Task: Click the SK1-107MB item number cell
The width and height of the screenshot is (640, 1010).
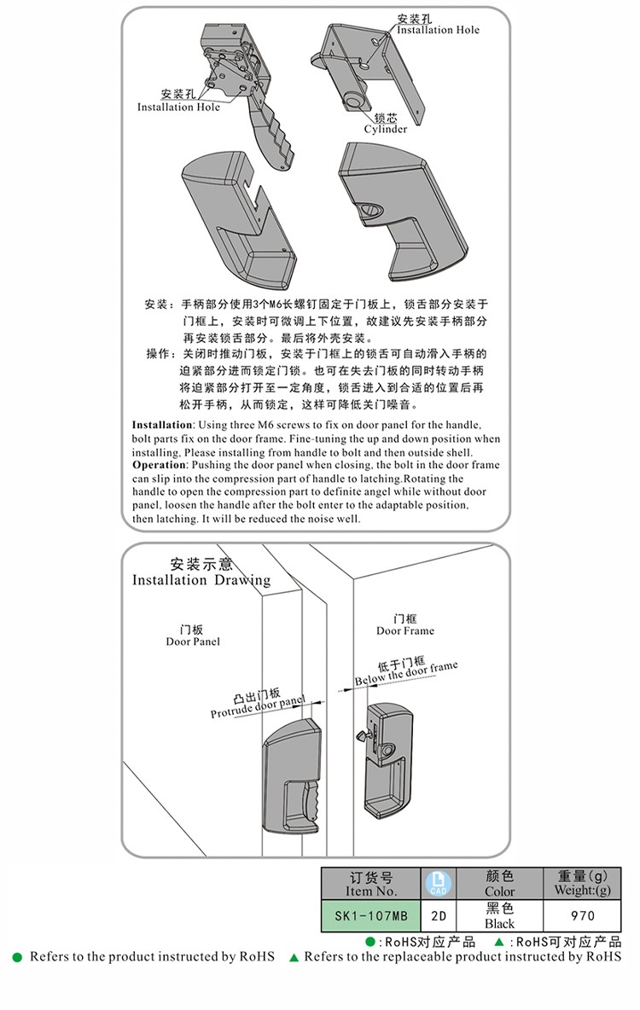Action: click(371, 917)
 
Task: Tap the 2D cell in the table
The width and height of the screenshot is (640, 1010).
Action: click(439, 917)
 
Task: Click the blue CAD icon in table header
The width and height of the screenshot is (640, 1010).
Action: click(438, 883)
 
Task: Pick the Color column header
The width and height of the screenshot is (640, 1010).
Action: click(499, 883)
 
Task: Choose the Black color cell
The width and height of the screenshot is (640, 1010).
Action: click(499, 917)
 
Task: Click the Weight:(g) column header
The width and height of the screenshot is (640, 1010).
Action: click(582, 883)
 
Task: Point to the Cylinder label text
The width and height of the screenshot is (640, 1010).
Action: click(385, 130)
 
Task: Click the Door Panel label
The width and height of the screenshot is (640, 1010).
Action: click(193, 641)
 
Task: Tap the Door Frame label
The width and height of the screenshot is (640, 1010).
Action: click(405, 631)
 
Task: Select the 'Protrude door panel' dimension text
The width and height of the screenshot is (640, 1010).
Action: click(259, 705)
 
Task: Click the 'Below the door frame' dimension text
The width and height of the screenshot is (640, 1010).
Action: click(406, 673)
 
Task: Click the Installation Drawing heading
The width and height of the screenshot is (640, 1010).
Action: click(201, 580)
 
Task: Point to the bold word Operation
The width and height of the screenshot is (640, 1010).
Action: click(159, 465)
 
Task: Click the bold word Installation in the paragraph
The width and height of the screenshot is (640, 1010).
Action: click(162, 425)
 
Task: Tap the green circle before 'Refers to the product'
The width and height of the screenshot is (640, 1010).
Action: click(16, 957)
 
